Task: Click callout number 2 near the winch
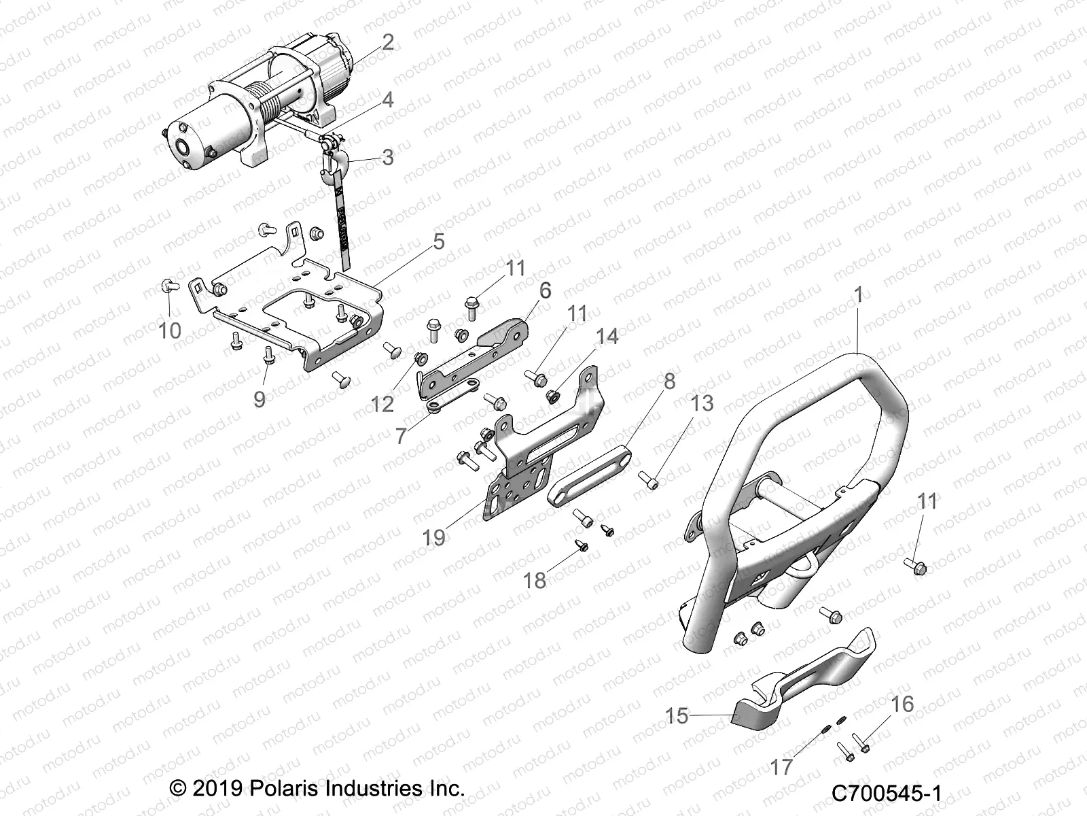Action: pyautogui.click(x=387, y=43)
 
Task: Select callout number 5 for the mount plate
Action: pyautogui.click(x=438, y=241)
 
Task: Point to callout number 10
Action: pyautogui.click(x=170, y=330)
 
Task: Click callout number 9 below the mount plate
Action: pyautogui.click(x=260, y=398)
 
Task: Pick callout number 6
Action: pyautogui.click(x=545, y=290)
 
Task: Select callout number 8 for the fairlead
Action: pyautogui.click(x=669, y=381)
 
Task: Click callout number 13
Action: pyautogui.click(x=702, y=403)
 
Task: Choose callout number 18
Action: pyautogui.click(x=535, y=580)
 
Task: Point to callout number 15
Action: pyautogui.click(x=677, y=717)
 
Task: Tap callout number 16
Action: pyautogui.click(x=903, y=703)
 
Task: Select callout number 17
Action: pyautogui.click(x=782, y=768)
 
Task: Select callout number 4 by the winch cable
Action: pyautogui.click(x=387, y=101)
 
